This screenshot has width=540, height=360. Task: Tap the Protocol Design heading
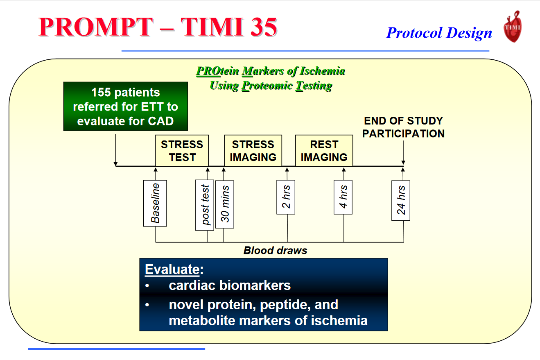pos(439,33)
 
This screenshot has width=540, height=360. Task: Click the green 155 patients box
pos(125,106)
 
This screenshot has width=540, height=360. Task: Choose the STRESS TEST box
pos(182,151)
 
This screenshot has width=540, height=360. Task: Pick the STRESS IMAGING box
pos(253,151)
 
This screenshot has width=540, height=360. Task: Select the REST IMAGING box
pos(324,151)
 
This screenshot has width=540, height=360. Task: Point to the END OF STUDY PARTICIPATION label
pos(403,127)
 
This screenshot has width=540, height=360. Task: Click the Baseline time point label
pos(155,203)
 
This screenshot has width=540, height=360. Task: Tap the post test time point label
pos(205,205)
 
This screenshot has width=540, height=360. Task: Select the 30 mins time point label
pos(225,204)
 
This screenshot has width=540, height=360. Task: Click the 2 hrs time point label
pos(286,197)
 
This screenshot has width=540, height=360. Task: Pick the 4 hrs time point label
pos(343,197)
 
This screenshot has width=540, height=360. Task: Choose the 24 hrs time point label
pos(401,200)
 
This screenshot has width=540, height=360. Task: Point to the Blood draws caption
pos(275,250)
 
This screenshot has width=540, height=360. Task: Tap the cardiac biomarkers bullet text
pos(230,285)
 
